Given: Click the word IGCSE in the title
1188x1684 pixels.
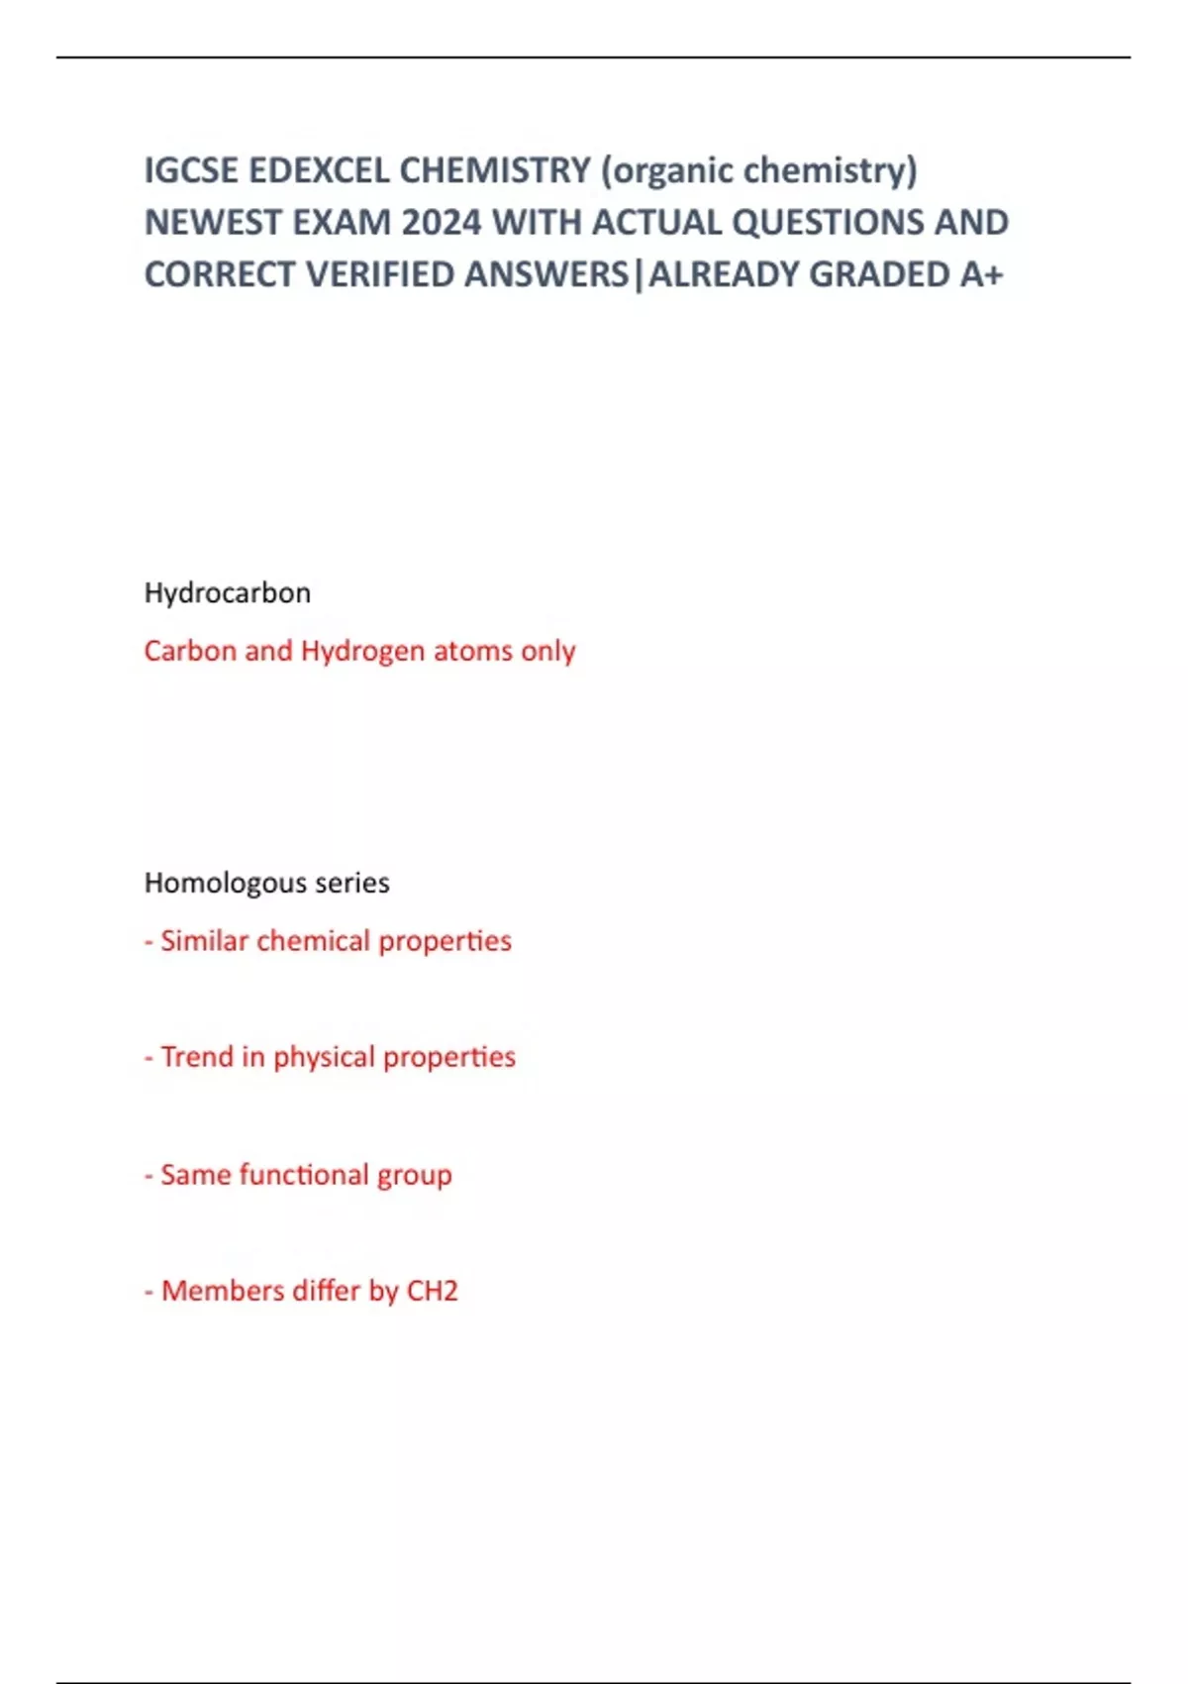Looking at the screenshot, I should pos(191,170).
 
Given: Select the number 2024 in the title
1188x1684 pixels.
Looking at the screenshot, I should pos(442,223).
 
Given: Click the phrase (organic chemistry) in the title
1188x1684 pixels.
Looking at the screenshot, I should pos(759,170).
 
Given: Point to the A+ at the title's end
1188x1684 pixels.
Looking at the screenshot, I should pos(981,274).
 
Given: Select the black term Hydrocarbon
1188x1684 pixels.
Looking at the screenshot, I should pos(228,593).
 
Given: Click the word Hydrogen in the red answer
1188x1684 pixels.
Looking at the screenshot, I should pos(363,651).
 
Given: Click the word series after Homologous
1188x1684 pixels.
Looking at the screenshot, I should pos(352,883).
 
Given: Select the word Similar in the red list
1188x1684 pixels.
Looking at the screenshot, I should pos(204,941).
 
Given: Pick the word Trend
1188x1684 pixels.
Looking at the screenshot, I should pos(197,1057).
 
